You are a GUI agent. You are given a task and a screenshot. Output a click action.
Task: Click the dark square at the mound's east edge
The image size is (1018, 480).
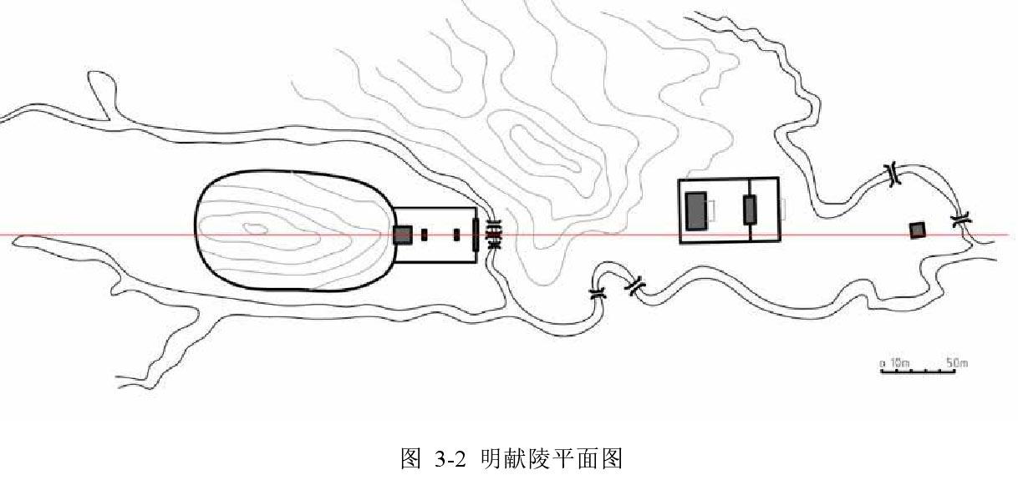click(403, 235)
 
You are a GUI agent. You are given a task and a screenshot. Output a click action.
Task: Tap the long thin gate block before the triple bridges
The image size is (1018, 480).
click(476, 235)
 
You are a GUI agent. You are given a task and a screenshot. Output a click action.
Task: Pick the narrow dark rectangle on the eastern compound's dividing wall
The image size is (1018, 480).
click(750, 209)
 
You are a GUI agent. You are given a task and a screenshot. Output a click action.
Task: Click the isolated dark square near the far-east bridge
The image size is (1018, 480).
click(918, 230)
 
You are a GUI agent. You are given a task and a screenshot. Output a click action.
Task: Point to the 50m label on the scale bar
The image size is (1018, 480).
click(956, 363)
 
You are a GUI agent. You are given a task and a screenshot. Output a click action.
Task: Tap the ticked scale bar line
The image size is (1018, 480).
click(918, 371)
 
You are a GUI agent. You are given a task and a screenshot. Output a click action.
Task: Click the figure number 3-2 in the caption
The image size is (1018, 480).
click(449, 458)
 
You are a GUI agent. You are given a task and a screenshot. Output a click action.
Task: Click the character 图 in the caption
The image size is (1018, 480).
click(410, 458)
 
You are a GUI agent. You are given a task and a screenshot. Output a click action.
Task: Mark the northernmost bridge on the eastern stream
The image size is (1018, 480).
click(894, 175)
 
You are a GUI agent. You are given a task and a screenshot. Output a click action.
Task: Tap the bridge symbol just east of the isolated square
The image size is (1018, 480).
click(960, 221)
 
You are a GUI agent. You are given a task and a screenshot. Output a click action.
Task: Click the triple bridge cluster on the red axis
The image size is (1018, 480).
click(493, 235)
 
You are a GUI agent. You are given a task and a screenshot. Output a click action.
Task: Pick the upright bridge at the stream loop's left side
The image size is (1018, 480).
click(597, 294)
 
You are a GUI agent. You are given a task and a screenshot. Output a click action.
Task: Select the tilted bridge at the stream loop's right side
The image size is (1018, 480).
click(636, 285)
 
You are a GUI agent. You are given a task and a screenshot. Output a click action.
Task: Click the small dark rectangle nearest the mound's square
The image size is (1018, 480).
click(425, 235)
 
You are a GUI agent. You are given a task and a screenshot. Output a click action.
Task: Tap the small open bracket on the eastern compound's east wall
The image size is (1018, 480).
click(783, 209)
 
